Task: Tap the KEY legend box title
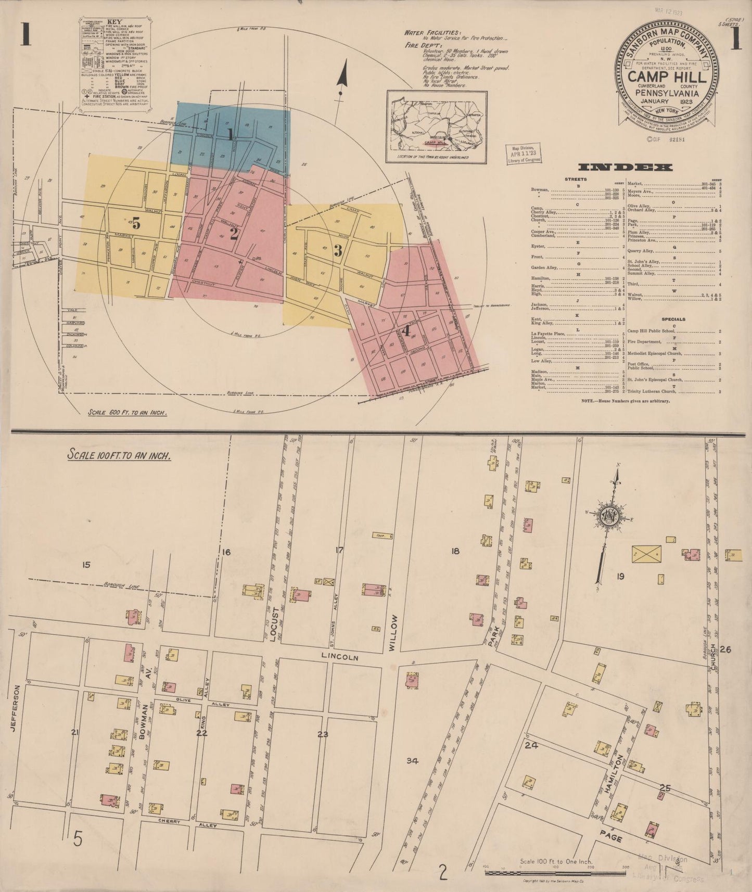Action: pos(113,22)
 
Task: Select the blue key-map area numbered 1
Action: pos(231,134)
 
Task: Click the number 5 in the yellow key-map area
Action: pos(136,224)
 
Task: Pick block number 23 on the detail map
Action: pos(323,735)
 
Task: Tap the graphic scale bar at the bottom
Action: pos(562,873)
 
